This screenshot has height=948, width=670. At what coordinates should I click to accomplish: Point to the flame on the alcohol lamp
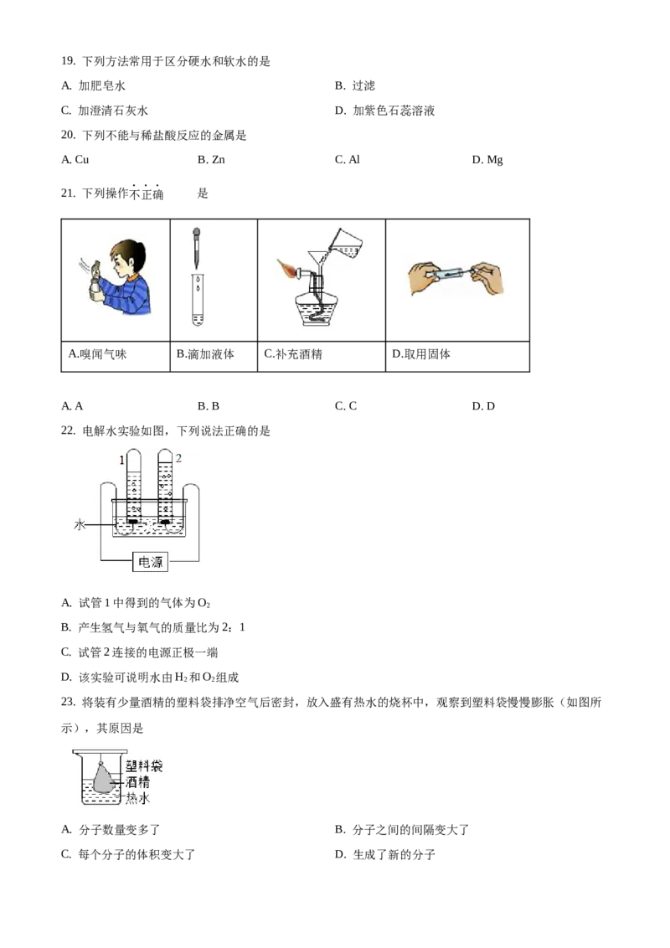(x=290, y=271)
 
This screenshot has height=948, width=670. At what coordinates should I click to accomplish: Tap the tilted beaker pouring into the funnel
(x=347, y=240)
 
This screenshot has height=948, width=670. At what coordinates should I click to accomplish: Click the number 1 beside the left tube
(x=121, y=459)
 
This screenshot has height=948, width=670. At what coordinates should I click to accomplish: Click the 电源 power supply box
(x=150, y=563)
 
